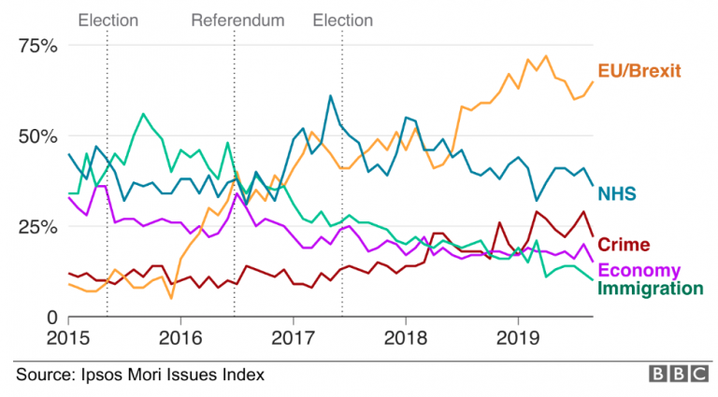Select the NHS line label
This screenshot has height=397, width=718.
tap(618, 193)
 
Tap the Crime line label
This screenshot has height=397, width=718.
tap(624, 245)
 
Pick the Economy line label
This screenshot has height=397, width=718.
tap(639, 271)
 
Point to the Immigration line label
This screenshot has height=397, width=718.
tap(650, 288)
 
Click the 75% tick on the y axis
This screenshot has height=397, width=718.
tap(38, 46)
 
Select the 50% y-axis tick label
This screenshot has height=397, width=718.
tap(38, 136)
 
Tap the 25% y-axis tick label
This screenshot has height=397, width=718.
tap(38, 227)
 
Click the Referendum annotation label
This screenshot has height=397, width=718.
tap(237, 20)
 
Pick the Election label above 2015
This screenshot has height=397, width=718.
tap(108, 20)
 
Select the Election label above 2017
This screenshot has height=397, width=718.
tap(342, 20)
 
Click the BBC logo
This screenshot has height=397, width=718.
tap(679, 374)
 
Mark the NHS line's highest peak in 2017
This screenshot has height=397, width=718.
tap(330, 95)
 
